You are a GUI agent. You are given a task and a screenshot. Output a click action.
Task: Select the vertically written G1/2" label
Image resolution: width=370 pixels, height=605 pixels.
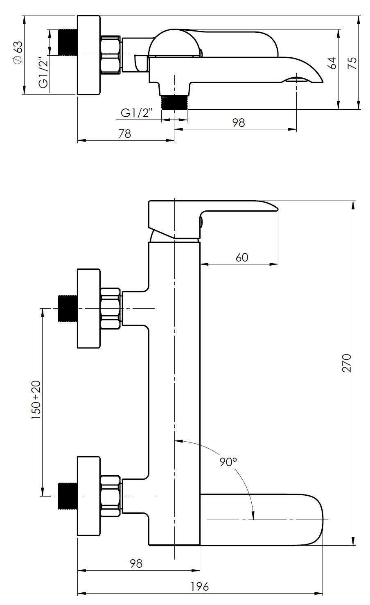point(43,73)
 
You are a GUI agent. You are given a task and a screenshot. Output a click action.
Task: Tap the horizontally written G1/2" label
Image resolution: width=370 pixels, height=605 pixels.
point(137,113)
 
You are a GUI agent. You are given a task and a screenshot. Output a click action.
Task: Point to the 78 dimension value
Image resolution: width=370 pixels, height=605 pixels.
point(125,133)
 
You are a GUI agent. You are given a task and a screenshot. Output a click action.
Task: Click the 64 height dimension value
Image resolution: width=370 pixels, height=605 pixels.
point(332,63)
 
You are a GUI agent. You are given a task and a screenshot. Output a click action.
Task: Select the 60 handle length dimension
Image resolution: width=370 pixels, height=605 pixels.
point(241,257)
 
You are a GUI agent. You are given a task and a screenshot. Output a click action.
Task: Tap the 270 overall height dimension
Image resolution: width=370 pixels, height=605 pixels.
point(346,363)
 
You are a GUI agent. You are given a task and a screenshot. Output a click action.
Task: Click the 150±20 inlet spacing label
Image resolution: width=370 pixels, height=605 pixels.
point(36,400)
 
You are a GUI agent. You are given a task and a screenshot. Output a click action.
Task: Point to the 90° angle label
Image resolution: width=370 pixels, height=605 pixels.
point(228,462)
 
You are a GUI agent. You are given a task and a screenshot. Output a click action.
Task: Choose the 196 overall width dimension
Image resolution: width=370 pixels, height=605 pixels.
point(200,586)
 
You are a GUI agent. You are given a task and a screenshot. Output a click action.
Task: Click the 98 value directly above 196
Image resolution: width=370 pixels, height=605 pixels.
point(136,564)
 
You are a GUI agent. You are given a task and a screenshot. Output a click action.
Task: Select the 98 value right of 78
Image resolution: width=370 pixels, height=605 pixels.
point(238,122)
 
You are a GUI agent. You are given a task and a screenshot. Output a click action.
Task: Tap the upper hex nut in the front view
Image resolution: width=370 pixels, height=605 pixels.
point(111,308)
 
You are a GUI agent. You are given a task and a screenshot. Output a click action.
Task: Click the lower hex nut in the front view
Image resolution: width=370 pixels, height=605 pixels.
point(111,496)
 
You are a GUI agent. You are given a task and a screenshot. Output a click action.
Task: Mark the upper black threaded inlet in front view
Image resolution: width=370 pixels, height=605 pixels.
point(68,308)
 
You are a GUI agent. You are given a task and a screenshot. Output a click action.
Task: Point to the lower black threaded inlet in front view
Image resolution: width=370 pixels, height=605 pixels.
point(68,496)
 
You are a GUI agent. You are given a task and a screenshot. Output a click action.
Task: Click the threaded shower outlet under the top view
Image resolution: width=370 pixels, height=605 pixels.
point(174,102)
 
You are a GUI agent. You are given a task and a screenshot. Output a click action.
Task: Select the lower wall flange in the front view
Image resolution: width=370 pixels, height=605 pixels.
point(89,496)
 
